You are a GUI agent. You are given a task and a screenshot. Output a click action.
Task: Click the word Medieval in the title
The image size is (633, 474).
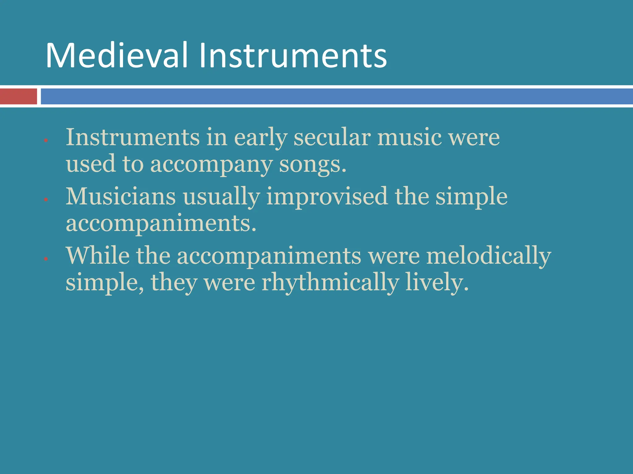[x=117, y=56]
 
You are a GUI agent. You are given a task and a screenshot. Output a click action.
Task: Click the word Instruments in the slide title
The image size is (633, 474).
[x=293, y=56]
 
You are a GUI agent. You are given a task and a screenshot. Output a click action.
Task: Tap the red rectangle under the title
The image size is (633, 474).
[x=18, y=96]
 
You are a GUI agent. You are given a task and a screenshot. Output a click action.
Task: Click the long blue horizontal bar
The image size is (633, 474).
[x=336, y=96]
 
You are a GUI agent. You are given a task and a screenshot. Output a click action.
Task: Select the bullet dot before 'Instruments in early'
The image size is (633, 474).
[x=46, y=141]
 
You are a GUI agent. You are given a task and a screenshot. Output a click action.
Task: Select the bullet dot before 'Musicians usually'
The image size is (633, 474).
[x=46, y=200]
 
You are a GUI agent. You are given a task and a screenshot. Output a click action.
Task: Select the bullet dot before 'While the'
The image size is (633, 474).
[x=46, y=259]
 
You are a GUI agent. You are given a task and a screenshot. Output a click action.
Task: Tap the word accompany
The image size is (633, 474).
[x=211, y=164]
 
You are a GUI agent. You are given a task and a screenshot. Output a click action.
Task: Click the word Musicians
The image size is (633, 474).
[x=121, y=196]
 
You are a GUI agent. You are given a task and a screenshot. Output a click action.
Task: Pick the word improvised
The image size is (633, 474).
[x=327, y=196]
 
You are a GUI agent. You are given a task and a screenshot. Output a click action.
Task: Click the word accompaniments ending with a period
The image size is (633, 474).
[x=161, y=223]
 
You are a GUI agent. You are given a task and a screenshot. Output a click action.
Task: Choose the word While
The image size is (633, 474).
[x=98, y=256]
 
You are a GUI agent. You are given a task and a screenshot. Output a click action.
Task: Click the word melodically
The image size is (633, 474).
[x=489, y=256]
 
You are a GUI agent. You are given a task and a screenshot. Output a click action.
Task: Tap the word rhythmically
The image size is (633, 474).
[x=330, y=283]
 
